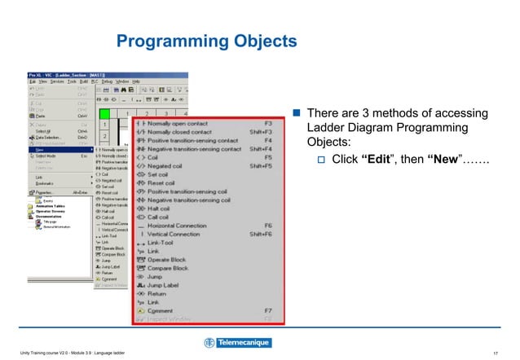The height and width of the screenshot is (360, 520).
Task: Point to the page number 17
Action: pyautogui.click(x=496, y=351)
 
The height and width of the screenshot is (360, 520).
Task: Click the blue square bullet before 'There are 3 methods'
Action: pyautogui.click(x=297, y=113)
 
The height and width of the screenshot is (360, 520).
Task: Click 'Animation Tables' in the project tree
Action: pyautogui.click(x=53, y=205)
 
